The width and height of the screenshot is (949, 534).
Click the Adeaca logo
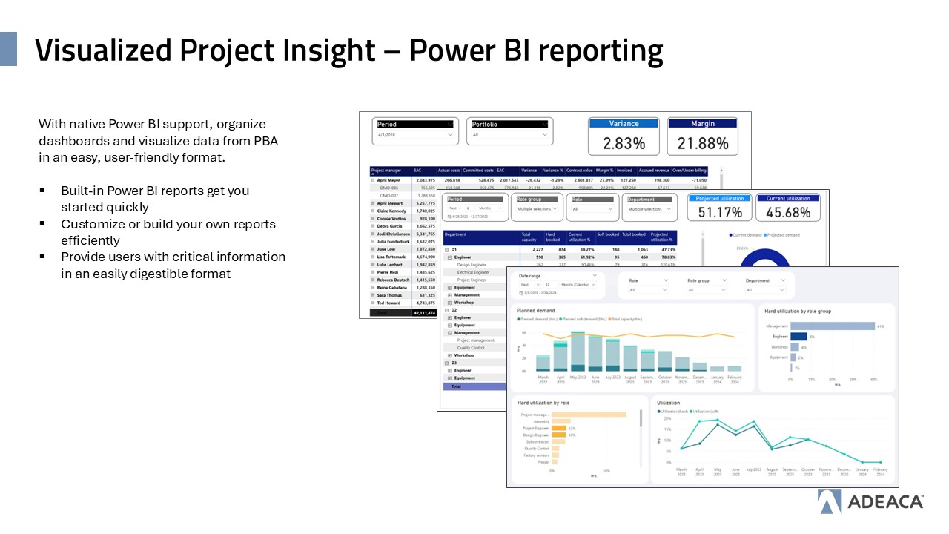point(870,502)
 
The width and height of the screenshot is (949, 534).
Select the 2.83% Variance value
point(624,143)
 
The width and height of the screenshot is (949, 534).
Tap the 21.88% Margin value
point(702,143)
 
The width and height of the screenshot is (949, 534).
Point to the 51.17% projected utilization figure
point(719,212)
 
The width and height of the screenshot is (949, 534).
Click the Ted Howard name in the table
point(389,303)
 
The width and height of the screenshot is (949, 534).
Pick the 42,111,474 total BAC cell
point(424,313)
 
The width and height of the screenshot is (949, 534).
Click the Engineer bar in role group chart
point(798,336)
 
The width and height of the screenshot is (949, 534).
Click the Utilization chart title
point(668,403)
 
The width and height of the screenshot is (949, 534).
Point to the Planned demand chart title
point(535,310)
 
